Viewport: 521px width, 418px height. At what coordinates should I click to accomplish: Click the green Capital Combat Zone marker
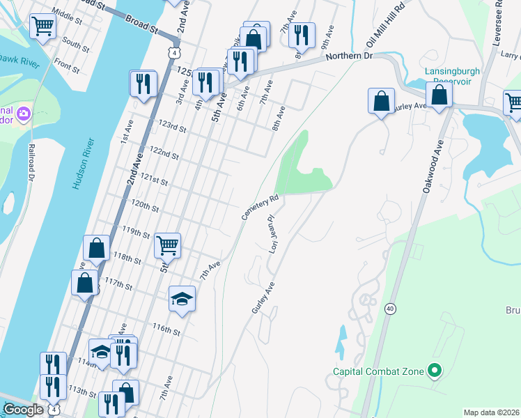[435, 371]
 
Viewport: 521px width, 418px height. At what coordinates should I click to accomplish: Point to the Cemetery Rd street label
[261, 208]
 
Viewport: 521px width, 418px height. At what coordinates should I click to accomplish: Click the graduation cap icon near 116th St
[182, 298]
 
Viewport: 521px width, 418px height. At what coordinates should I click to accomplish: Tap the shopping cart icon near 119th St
[168, 245]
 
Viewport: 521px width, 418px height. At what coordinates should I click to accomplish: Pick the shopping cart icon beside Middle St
[42, 26]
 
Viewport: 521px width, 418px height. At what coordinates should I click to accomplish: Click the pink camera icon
[23, 113]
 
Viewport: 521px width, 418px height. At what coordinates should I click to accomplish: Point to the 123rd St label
[172, 129]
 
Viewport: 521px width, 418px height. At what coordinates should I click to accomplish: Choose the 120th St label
[145, 208]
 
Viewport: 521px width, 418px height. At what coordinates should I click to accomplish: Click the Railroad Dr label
[31, 164]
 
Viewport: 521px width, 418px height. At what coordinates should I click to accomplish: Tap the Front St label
[67, 66]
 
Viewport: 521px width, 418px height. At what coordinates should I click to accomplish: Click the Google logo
[23, 410]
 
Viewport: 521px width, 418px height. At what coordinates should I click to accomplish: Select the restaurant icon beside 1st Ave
[143, 84]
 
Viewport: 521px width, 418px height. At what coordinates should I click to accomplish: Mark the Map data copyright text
[492, 412]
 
